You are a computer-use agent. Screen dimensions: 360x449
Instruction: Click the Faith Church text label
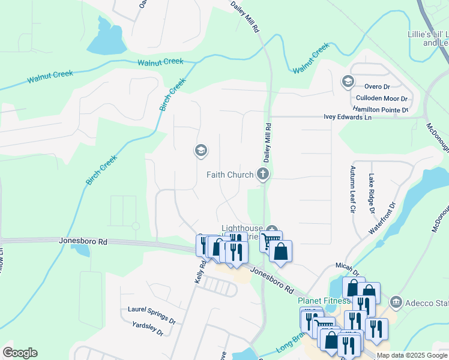(x=229, y=175)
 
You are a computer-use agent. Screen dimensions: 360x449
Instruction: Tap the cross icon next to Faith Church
(x=262, y=175)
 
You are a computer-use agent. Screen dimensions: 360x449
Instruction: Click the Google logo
(x=20, y=353)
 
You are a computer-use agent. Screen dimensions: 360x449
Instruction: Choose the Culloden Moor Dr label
(x=382, y=98)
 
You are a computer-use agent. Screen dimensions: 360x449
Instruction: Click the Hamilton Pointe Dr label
(x=381, y=109)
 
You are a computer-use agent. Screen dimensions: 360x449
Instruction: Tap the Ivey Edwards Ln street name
(x=348, y=117)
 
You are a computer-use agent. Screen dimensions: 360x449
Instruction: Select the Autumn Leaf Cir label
(x=353, y=190)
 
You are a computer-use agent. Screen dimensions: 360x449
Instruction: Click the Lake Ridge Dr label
(x=372, y=194)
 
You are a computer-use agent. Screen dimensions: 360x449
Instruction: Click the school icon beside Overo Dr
(x=347, y=81)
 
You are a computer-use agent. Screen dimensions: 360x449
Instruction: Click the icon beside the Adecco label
(x=396, y=301)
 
